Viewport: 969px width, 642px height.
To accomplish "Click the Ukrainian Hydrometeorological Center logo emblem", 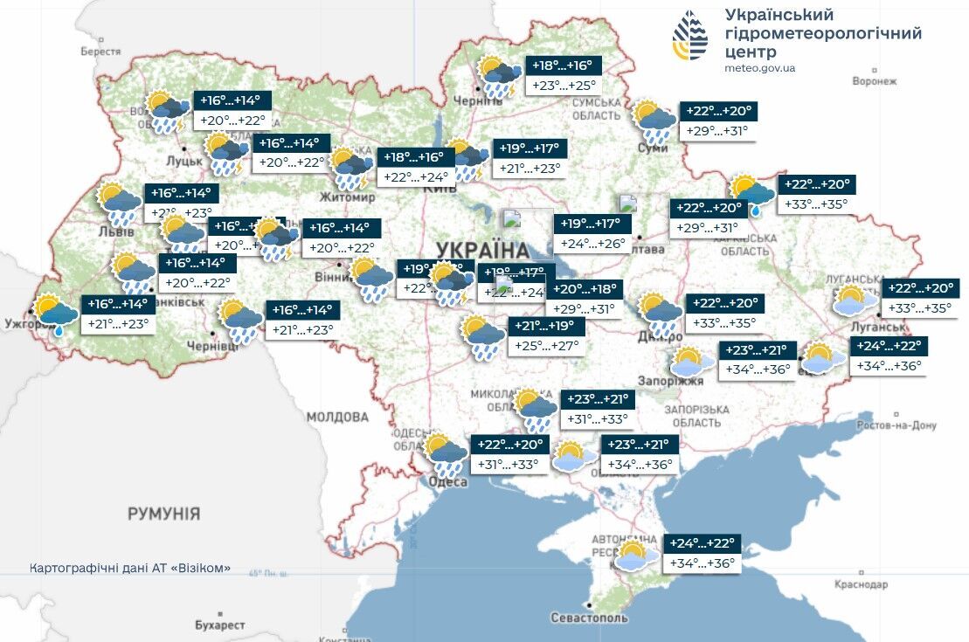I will point(691,36).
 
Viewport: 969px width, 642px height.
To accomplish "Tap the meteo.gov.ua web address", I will point(759,68).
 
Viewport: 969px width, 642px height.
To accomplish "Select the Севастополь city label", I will point(589,618).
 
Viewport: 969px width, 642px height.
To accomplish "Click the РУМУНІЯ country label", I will point(163,513).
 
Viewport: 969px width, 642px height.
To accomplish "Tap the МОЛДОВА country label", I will point(337,417).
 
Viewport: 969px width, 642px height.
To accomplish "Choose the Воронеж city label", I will point(875,81).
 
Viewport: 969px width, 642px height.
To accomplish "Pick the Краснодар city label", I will point(861,584).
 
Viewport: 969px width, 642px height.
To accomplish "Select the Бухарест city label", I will point(220,625).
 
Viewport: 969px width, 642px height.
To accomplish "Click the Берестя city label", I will point(100,52).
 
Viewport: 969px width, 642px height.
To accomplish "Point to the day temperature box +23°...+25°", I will point(564,86).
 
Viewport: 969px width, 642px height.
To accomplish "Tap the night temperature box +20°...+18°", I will point(585,289).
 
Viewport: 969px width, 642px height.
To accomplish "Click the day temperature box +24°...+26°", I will point(592,244).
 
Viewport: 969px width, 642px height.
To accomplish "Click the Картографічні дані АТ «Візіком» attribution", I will point(131,568).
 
